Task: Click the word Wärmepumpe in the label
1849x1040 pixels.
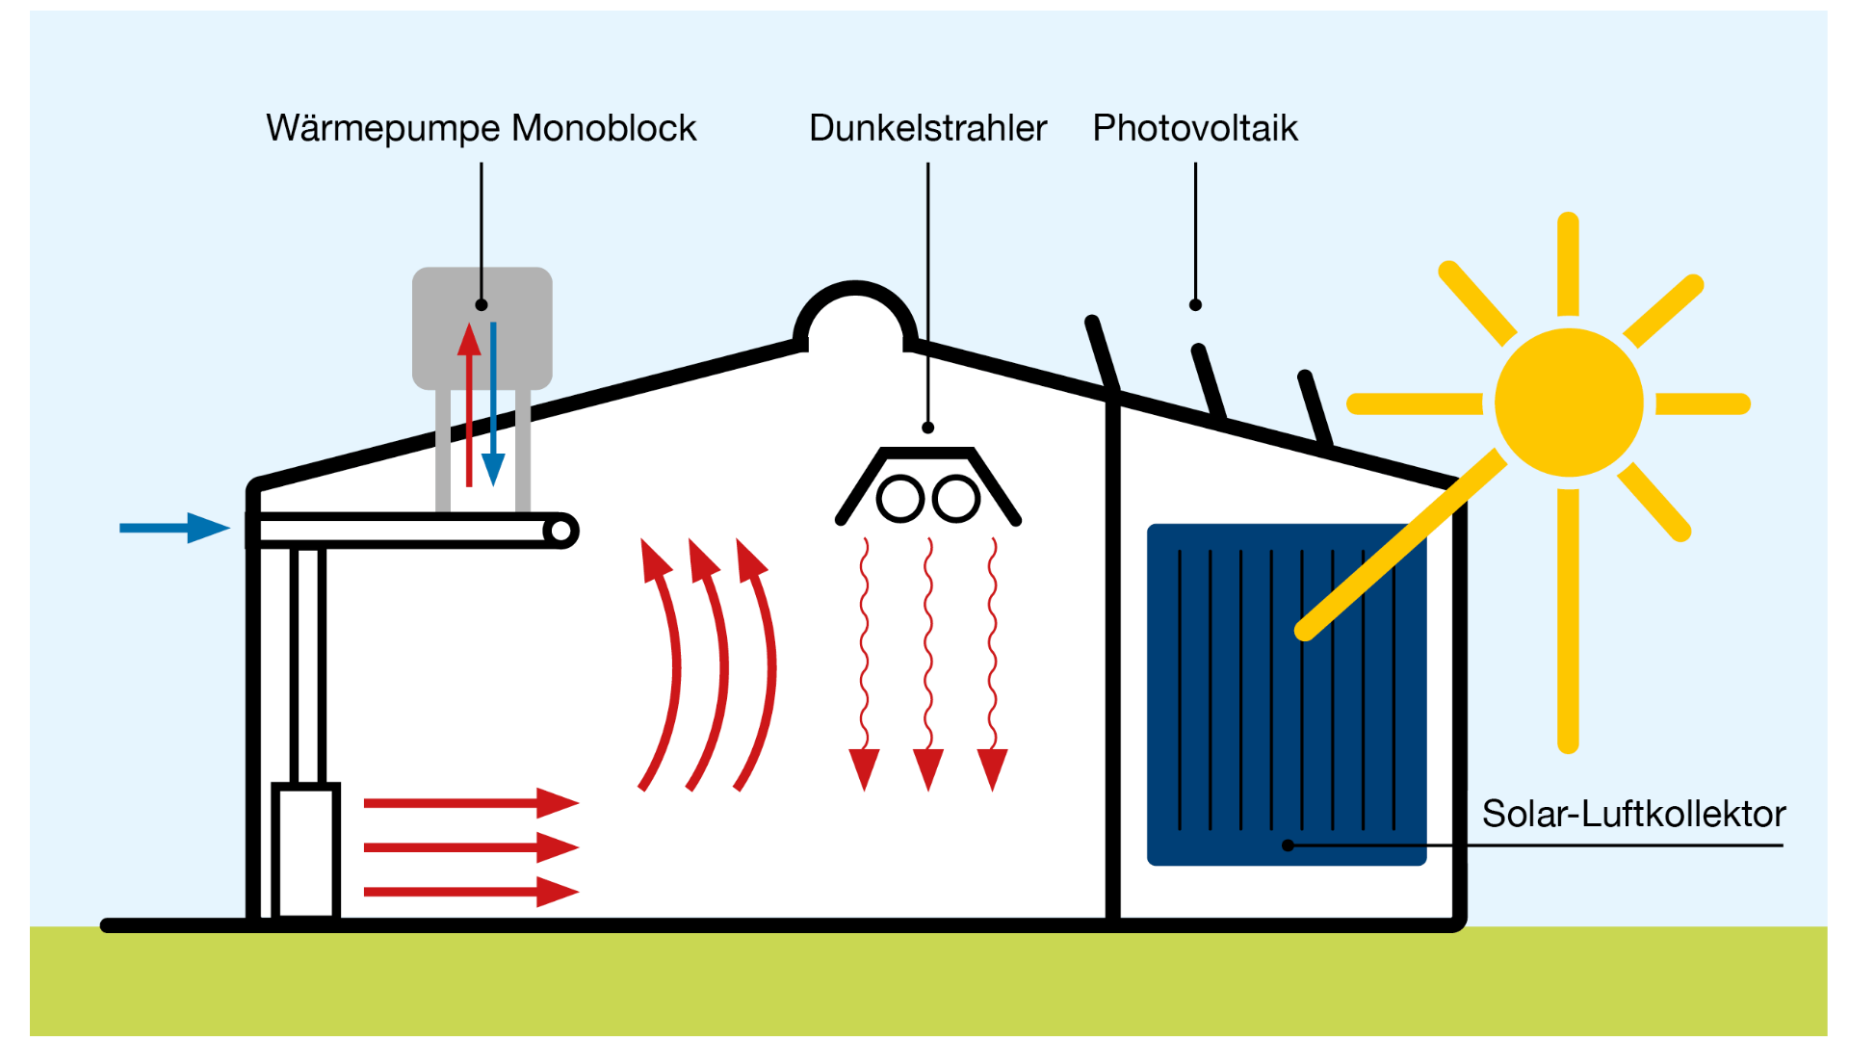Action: click(x=383, y=129)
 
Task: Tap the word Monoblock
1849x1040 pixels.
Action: click(x=604, y=129)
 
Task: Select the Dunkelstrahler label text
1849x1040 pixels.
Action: click(x=927, y=129)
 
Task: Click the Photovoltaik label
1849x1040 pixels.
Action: click(x=1194, y=129)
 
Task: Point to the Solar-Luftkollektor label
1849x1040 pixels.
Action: click(x=1632, y=815)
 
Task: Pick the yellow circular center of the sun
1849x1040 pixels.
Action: click(x=1568, y=403)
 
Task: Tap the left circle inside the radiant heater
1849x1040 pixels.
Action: click(x=900, y=500)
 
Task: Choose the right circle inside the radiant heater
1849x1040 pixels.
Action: click(x=956, y=500)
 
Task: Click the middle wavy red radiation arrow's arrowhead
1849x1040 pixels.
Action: click(x=928, y=768)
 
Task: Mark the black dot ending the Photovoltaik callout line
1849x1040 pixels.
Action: click(x=1195, y=305)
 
